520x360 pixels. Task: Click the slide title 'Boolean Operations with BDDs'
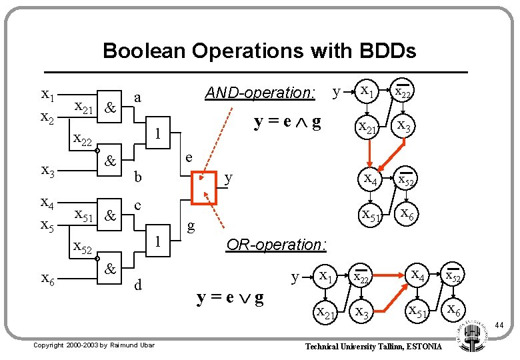(259, 51)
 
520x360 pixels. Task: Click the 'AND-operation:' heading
(260, 93)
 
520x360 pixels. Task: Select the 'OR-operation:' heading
(276, 245)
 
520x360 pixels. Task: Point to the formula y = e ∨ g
(229, 298)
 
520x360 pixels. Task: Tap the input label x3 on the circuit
(48, 171)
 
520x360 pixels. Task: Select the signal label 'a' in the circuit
(137, 97)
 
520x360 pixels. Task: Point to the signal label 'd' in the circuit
(137, 286)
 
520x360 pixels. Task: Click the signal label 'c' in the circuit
(137, 206)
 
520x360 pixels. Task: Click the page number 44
(499, 325)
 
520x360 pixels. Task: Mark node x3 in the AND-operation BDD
(403, 125)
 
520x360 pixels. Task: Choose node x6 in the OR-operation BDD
(454, 309)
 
